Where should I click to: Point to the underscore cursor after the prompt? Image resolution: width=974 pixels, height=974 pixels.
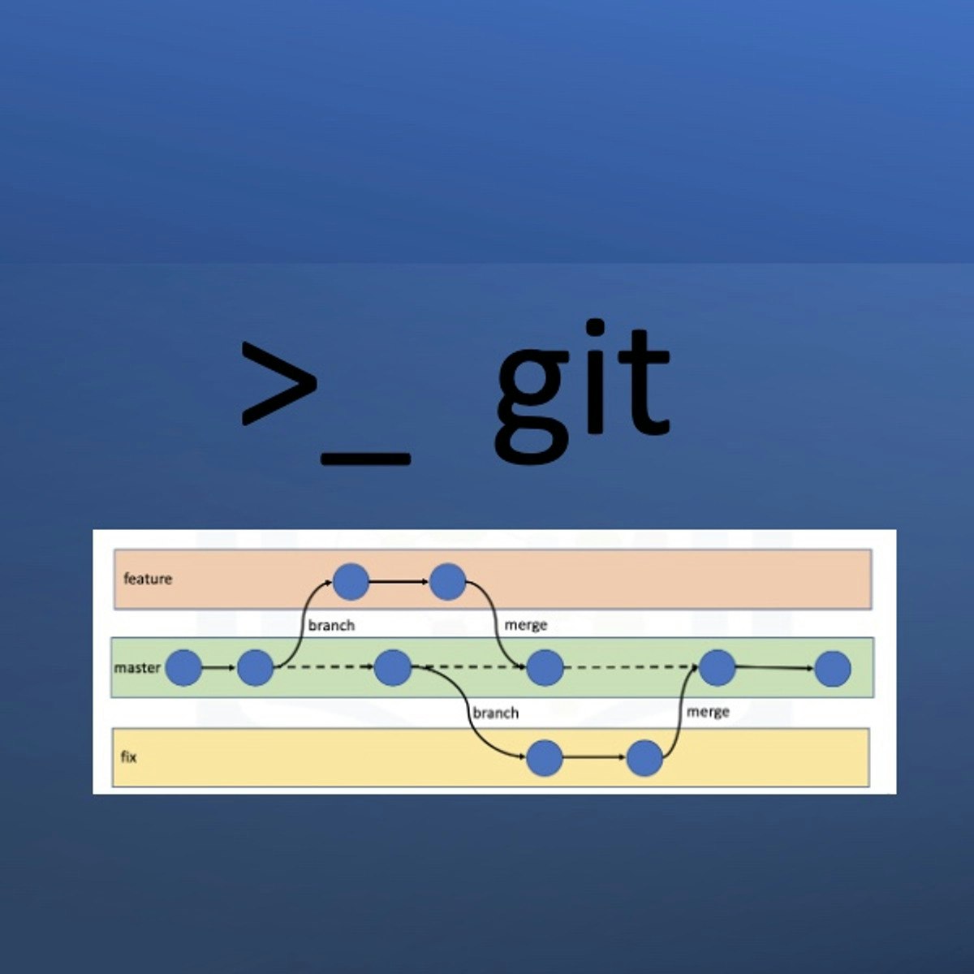coord(365,459)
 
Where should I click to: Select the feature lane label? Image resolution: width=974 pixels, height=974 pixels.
coord(148,579)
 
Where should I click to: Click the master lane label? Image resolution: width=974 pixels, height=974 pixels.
coord(137,668)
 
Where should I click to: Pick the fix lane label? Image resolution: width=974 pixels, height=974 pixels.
coord(129,757)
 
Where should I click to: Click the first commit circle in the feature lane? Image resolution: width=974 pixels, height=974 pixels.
coord(351,581)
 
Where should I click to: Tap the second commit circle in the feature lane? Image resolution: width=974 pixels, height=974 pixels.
coord(447,581)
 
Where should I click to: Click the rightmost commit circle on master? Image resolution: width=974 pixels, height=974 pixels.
coord(833,670)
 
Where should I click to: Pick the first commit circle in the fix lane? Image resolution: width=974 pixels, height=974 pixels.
coord(544,759)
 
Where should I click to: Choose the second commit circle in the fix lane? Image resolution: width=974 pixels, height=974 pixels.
coord(644,759)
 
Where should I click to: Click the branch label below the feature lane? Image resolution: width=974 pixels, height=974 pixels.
coord(331,626)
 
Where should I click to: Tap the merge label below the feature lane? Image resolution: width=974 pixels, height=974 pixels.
coord(526,625)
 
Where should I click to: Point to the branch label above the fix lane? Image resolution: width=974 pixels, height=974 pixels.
coord(495,713)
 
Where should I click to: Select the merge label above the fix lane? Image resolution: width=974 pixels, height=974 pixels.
coord(708,712)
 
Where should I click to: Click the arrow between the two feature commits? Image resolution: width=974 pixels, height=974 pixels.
coord(399,581)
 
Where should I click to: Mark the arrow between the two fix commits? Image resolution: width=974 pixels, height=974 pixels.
coord(594,759)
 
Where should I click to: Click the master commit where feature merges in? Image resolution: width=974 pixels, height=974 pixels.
coord(545,669)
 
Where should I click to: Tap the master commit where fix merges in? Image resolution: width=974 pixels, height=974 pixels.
coord(717,668)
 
